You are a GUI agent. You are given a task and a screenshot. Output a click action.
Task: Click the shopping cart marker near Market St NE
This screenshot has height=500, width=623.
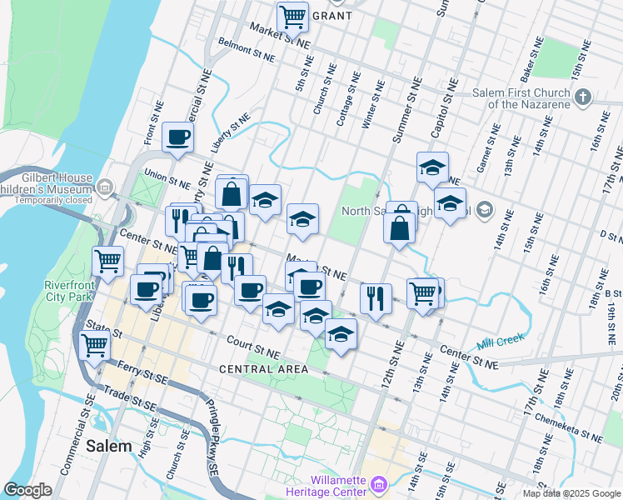click(292, 16)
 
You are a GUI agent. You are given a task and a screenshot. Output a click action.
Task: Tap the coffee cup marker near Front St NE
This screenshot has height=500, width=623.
click(177, 137)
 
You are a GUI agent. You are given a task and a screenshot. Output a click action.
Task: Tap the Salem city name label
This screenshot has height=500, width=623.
click(109, 446)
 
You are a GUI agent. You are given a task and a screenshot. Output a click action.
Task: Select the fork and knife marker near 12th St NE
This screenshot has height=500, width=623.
click(376, 297)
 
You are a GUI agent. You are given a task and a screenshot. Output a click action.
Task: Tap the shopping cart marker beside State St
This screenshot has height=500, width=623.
click(95, 343)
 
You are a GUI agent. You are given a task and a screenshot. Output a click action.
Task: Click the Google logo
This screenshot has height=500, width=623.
click(28, 489)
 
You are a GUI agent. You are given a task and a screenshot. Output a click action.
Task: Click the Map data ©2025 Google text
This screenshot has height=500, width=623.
click(571, 493)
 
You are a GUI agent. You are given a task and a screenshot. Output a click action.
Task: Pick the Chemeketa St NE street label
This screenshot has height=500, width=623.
click(568, 427)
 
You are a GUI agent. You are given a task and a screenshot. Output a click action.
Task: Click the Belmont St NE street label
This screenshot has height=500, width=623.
click(246, 51)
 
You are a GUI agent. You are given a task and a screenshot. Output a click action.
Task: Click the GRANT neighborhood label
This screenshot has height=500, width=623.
click(336, 16)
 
